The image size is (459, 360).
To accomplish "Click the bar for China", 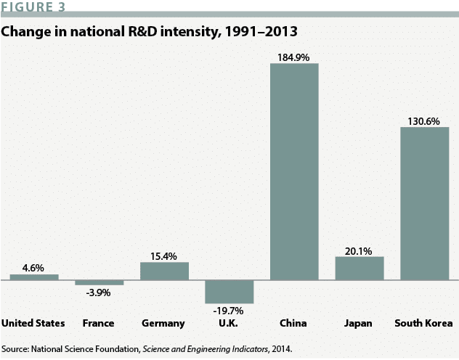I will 294,171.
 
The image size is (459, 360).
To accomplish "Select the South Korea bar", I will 424,204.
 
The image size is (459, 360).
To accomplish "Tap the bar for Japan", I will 359,268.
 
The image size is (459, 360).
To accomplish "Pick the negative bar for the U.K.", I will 229,291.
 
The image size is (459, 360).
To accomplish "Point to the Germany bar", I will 164,271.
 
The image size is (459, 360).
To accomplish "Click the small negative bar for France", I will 99,282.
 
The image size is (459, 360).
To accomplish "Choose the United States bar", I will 34,277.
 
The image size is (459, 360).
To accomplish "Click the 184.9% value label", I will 294,57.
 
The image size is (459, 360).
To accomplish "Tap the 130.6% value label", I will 424,121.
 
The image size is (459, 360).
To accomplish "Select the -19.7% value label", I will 229,311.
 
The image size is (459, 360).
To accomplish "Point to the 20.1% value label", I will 359,251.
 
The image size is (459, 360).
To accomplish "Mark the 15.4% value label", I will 164,256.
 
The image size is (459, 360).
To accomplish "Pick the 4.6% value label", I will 34,268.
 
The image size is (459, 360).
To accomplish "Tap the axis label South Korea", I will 424,323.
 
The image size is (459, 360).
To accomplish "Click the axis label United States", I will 34,323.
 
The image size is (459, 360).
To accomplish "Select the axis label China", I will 293,323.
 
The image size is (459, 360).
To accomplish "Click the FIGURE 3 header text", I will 37,7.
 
